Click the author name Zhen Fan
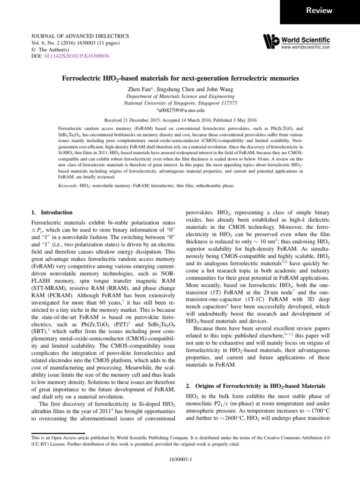140,89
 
